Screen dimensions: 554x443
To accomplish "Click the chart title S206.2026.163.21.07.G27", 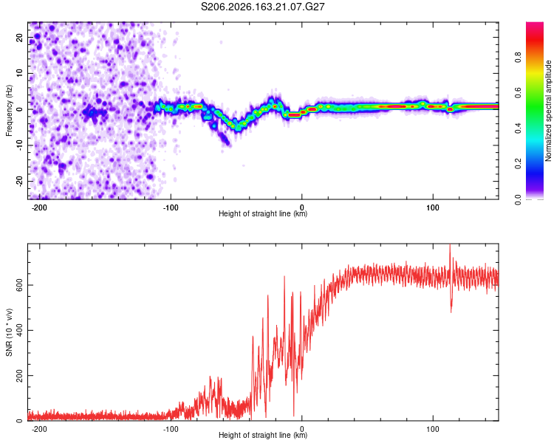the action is point(262,7).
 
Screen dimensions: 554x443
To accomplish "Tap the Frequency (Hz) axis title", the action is point(9,111).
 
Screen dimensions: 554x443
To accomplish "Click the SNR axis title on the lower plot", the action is point(9,332).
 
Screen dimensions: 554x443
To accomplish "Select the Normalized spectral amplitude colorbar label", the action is point(548,111).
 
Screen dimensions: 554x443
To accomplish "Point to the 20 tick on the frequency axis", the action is point(19,37).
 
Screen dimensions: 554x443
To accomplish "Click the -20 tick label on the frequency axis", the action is point(19,181).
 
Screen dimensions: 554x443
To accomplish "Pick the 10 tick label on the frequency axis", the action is point(19,73).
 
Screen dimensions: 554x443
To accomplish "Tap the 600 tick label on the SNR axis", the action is point(19,285).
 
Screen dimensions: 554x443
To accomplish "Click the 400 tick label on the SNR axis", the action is point(19,330).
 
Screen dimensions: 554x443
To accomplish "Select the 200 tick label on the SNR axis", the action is point(19,376).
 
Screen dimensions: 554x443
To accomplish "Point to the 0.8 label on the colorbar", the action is point(518,58).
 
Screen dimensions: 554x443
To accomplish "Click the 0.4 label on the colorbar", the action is point(518,128).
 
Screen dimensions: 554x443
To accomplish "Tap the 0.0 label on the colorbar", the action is point(518,199).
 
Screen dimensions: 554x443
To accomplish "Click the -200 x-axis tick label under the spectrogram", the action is point(39,207).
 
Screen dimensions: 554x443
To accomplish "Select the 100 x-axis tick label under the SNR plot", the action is point(433,429).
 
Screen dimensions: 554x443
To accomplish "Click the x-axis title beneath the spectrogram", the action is point(263,213).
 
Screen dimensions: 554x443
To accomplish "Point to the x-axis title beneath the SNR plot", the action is point(263,435).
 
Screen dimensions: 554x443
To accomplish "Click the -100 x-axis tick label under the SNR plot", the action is point(171,429).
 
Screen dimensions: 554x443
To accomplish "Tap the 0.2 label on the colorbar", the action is point(518,164).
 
